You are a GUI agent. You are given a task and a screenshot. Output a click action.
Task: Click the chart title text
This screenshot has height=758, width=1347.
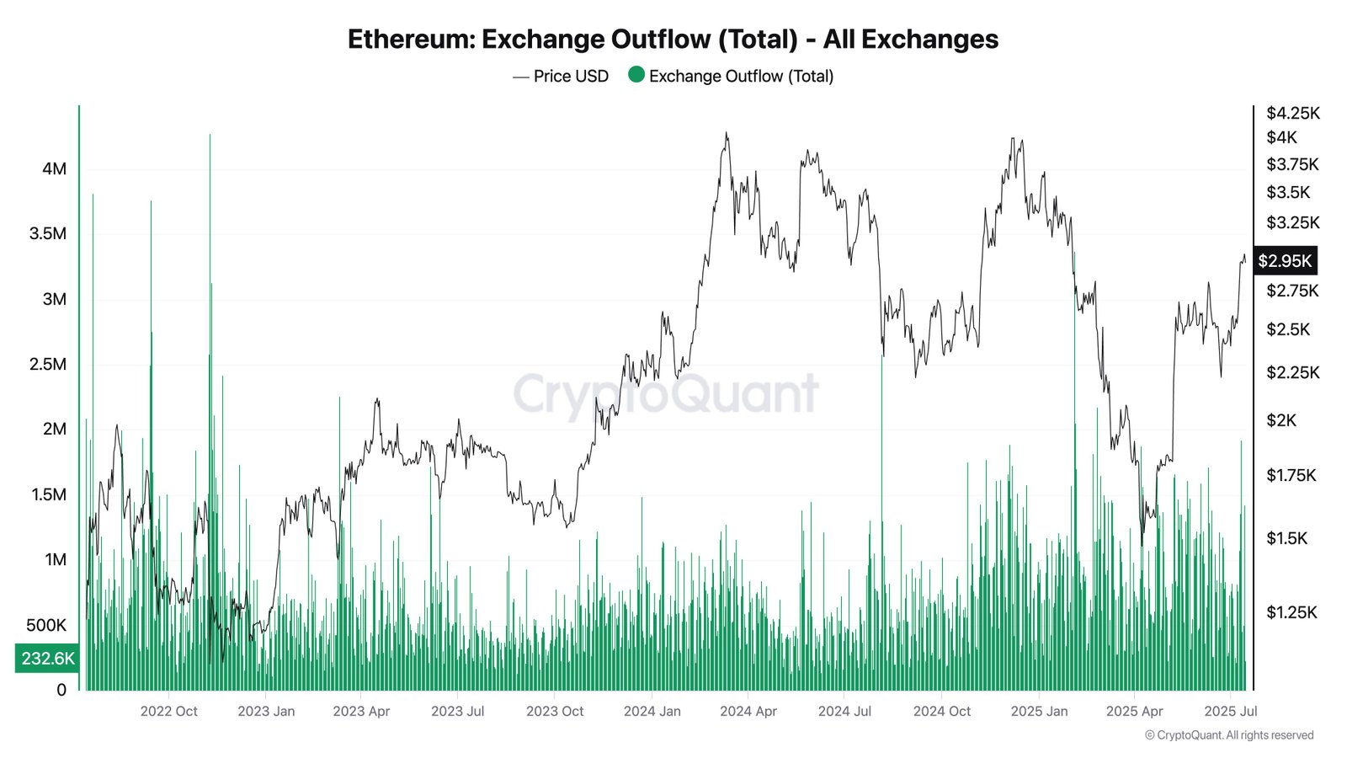[673, 40]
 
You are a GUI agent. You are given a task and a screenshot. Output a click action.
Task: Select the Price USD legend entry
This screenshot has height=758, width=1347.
[561, 77]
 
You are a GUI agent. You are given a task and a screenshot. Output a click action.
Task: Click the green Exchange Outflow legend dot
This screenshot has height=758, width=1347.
[636, 75]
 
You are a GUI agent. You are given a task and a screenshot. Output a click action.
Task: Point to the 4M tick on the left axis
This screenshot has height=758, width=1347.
[54, 168]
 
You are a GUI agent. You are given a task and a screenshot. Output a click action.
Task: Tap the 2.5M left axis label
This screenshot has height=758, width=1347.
[48, 364]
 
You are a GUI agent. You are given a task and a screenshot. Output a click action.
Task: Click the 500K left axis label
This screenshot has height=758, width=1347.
[46, 625]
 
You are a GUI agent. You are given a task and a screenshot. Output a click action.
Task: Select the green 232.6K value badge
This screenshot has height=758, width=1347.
[47, 658]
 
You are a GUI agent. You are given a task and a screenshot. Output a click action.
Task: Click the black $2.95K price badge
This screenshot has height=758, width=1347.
[1285, 261]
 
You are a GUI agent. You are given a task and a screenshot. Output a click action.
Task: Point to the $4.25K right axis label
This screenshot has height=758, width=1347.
[1293, 113]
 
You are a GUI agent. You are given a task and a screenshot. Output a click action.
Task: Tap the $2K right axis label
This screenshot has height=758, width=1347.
[1282, 420]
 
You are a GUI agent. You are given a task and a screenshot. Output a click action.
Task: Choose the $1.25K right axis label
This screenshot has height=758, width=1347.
[1291, 612]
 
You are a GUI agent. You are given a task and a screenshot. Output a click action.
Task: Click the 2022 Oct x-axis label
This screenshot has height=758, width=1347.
[168, 711]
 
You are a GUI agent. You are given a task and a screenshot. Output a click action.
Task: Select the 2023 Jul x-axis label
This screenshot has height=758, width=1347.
[457, 711]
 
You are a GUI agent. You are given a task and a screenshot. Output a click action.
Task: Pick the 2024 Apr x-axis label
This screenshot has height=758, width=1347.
[748, 711]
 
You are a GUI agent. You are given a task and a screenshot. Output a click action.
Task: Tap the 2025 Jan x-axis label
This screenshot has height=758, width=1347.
[1039, 711]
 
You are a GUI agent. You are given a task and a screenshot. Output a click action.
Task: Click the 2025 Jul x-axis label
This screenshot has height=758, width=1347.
[1231, 711]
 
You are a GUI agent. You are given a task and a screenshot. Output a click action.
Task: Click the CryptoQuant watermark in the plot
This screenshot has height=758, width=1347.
[665, 393]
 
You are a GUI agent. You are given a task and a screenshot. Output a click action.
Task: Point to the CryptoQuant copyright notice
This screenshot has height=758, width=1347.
[1229, 735]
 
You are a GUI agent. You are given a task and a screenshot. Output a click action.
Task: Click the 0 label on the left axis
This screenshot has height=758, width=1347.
[61, 690]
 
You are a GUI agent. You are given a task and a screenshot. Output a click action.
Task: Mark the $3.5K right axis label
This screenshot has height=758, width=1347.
[1288, 192]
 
